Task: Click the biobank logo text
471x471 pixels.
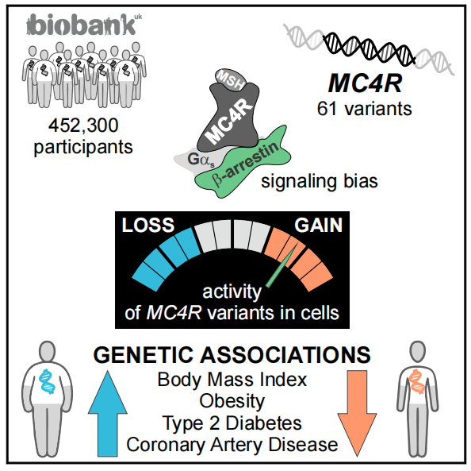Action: point(84,25)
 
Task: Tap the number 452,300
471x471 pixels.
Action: point(83,125)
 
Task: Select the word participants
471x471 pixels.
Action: point(83,148)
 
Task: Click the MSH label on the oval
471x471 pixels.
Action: point(231,79)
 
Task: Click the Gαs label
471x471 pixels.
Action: point(201,160)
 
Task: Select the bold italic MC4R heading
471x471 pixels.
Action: point(365,83)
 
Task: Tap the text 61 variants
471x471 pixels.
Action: point(365,109)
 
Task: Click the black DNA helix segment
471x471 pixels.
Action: point(370,48)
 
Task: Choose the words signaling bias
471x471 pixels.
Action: point(320,181)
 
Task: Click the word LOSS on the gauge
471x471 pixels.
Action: point(148,225)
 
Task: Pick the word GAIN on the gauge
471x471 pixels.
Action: point(319,225)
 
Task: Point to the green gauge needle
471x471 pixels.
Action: point(281,264)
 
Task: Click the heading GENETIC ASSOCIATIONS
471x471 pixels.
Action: point(232,355)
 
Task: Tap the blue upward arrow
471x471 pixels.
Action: point(108,414)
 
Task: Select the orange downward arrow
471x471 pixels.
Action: point(357,414)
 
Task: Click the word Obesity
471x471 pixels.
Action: point(232,401)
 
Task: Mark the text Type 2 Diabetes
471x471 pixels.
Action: point(232,423)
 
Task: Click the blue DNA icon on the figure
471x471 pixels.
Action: point(47,381)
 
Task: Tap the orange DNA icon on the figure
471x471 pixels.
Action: point(416,381)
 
